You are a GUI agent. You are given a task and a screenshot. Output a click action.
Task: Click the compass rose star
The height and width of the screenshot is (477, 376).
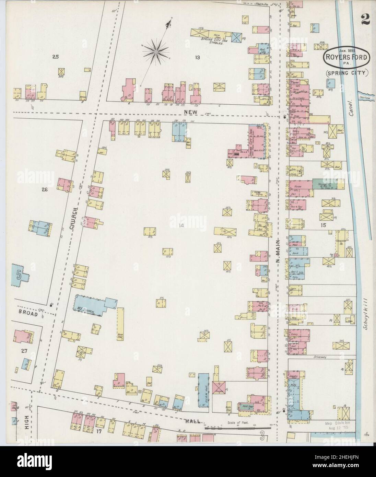click(155, 51)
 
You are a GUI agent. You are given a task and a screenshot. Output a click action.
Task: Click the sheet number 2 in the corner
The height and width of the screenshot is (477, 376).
click(364, 11)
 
